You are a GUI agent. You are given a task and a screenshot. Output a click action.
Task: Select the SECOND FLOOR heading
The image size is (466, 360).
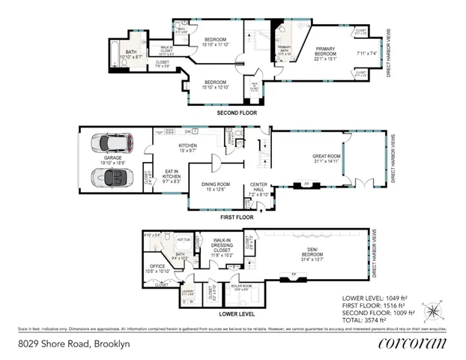click(x=236, y=112)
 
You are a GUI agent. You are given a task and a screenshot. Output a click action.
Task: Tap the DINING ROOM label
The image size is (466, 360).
click(x=214, y=186)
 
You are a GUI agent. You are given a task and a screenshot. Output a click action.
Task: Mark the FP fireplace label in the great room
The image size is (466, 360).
click(x=306, y=182)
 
